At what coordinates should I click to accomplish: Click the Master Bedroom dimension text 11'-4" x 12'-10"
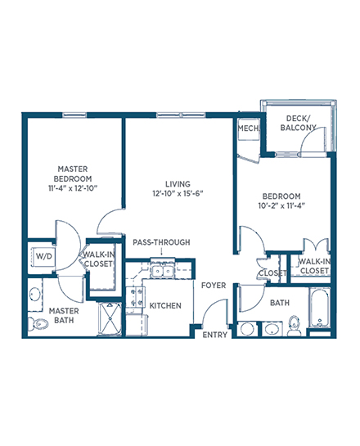(73, 188)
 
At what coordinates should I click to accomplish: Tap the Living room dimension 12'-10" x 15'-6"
(178, 193)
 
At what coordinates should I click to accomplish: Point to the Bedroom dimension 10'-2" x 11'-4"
(281, 205)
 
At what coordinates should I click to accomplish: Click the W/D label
(44, 256)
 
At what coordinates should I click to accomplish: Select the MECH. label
(249, 128)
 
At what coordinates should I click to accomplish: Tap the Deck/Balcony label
(298, 123)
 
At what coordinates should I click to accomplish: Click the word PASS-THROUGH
(161, 242)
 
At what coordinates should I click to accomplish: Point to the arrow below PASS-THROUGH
(161, 251)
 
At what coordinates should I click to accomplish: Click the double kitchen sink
(162, 271)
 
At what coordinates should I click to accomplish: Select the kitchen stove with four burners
(135, 297)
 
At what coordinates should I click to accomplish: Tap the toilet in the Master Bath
(38, 323)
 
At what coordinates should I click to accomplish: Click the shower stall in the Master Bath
(110, 319)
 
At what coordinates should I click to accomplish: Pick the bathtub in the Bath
(320, 308)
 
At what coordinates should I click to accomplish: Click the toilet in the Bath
(294, 326)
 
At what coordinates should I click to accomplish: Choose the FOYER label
(214, 286)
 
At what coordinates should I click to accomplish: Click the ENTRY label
(214, 335)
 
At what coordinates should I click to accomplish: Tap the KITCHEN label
(165, 306)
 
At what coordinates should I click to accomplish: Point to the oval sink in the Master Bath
(34, 294)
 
